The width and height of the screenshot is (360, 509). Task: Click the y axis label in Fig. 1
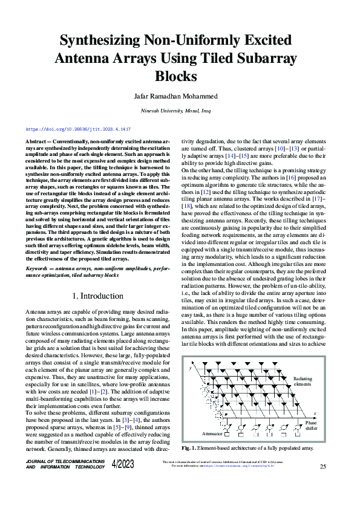coord(191,368)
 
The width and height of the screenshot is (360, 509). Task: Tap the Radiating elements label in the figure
coord(303,381)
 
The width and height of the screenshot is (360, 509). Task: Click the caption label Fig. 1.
coord(189,449)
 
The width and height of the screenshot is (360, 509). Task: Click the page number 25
coord(322,466)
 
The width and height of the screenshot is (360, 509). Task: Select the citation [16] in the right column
coord(291,178)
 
